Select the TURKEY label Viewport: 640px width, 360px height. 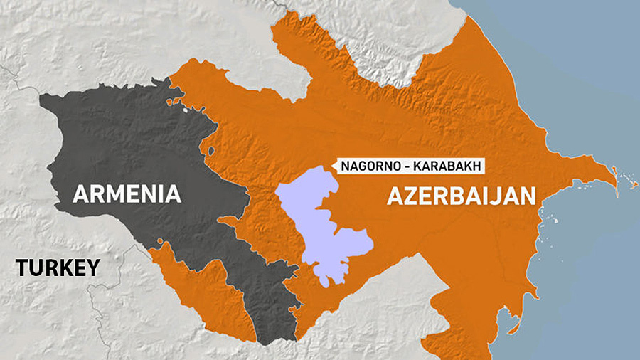click(x=58, y=268)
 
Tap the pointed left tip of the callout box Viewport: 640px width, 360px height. click(x=332, y=166)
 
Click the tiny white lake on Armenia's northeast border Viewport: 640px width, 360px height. click(x=185, y=109)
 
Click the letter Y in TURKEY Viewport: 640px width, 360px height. click(x=93, y=268)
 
